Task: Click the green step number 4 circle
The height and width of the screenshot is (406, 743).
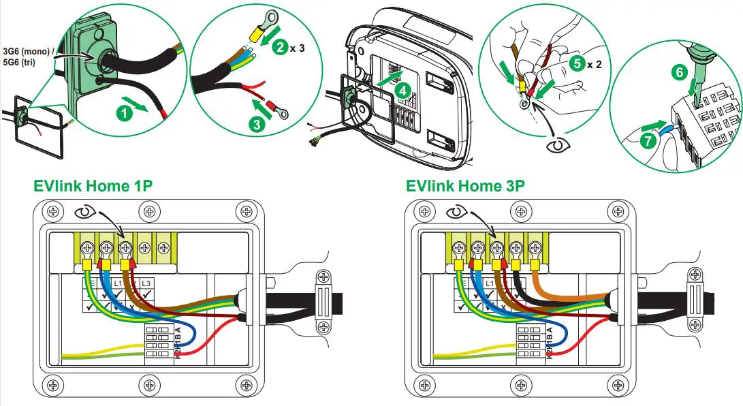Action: click(x=402, y=89)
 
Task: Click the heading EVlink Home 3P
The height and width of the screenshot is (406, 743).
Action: click(x=466, y=186)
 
